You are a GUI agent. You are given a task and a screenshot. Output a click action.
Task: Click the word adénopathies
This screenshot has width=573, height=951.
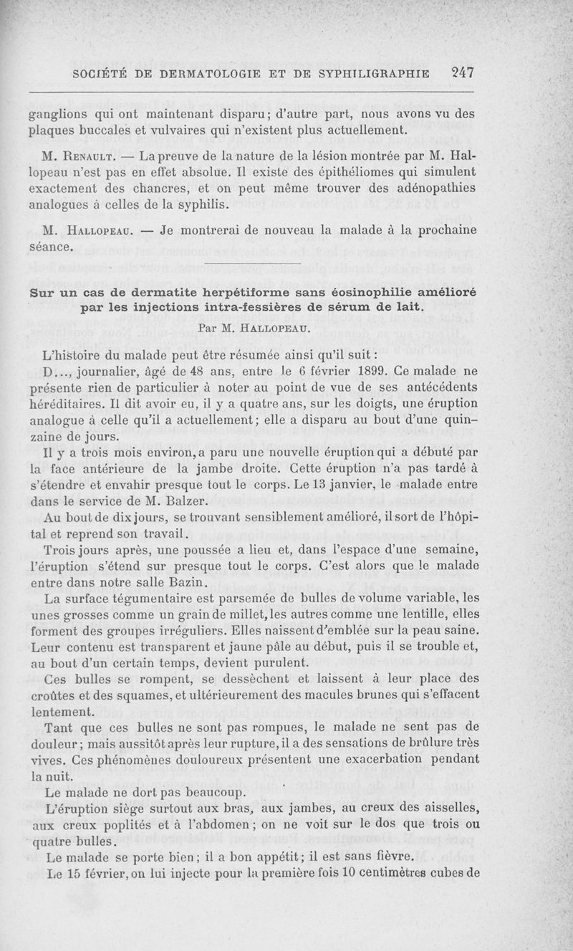(431, 190)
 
